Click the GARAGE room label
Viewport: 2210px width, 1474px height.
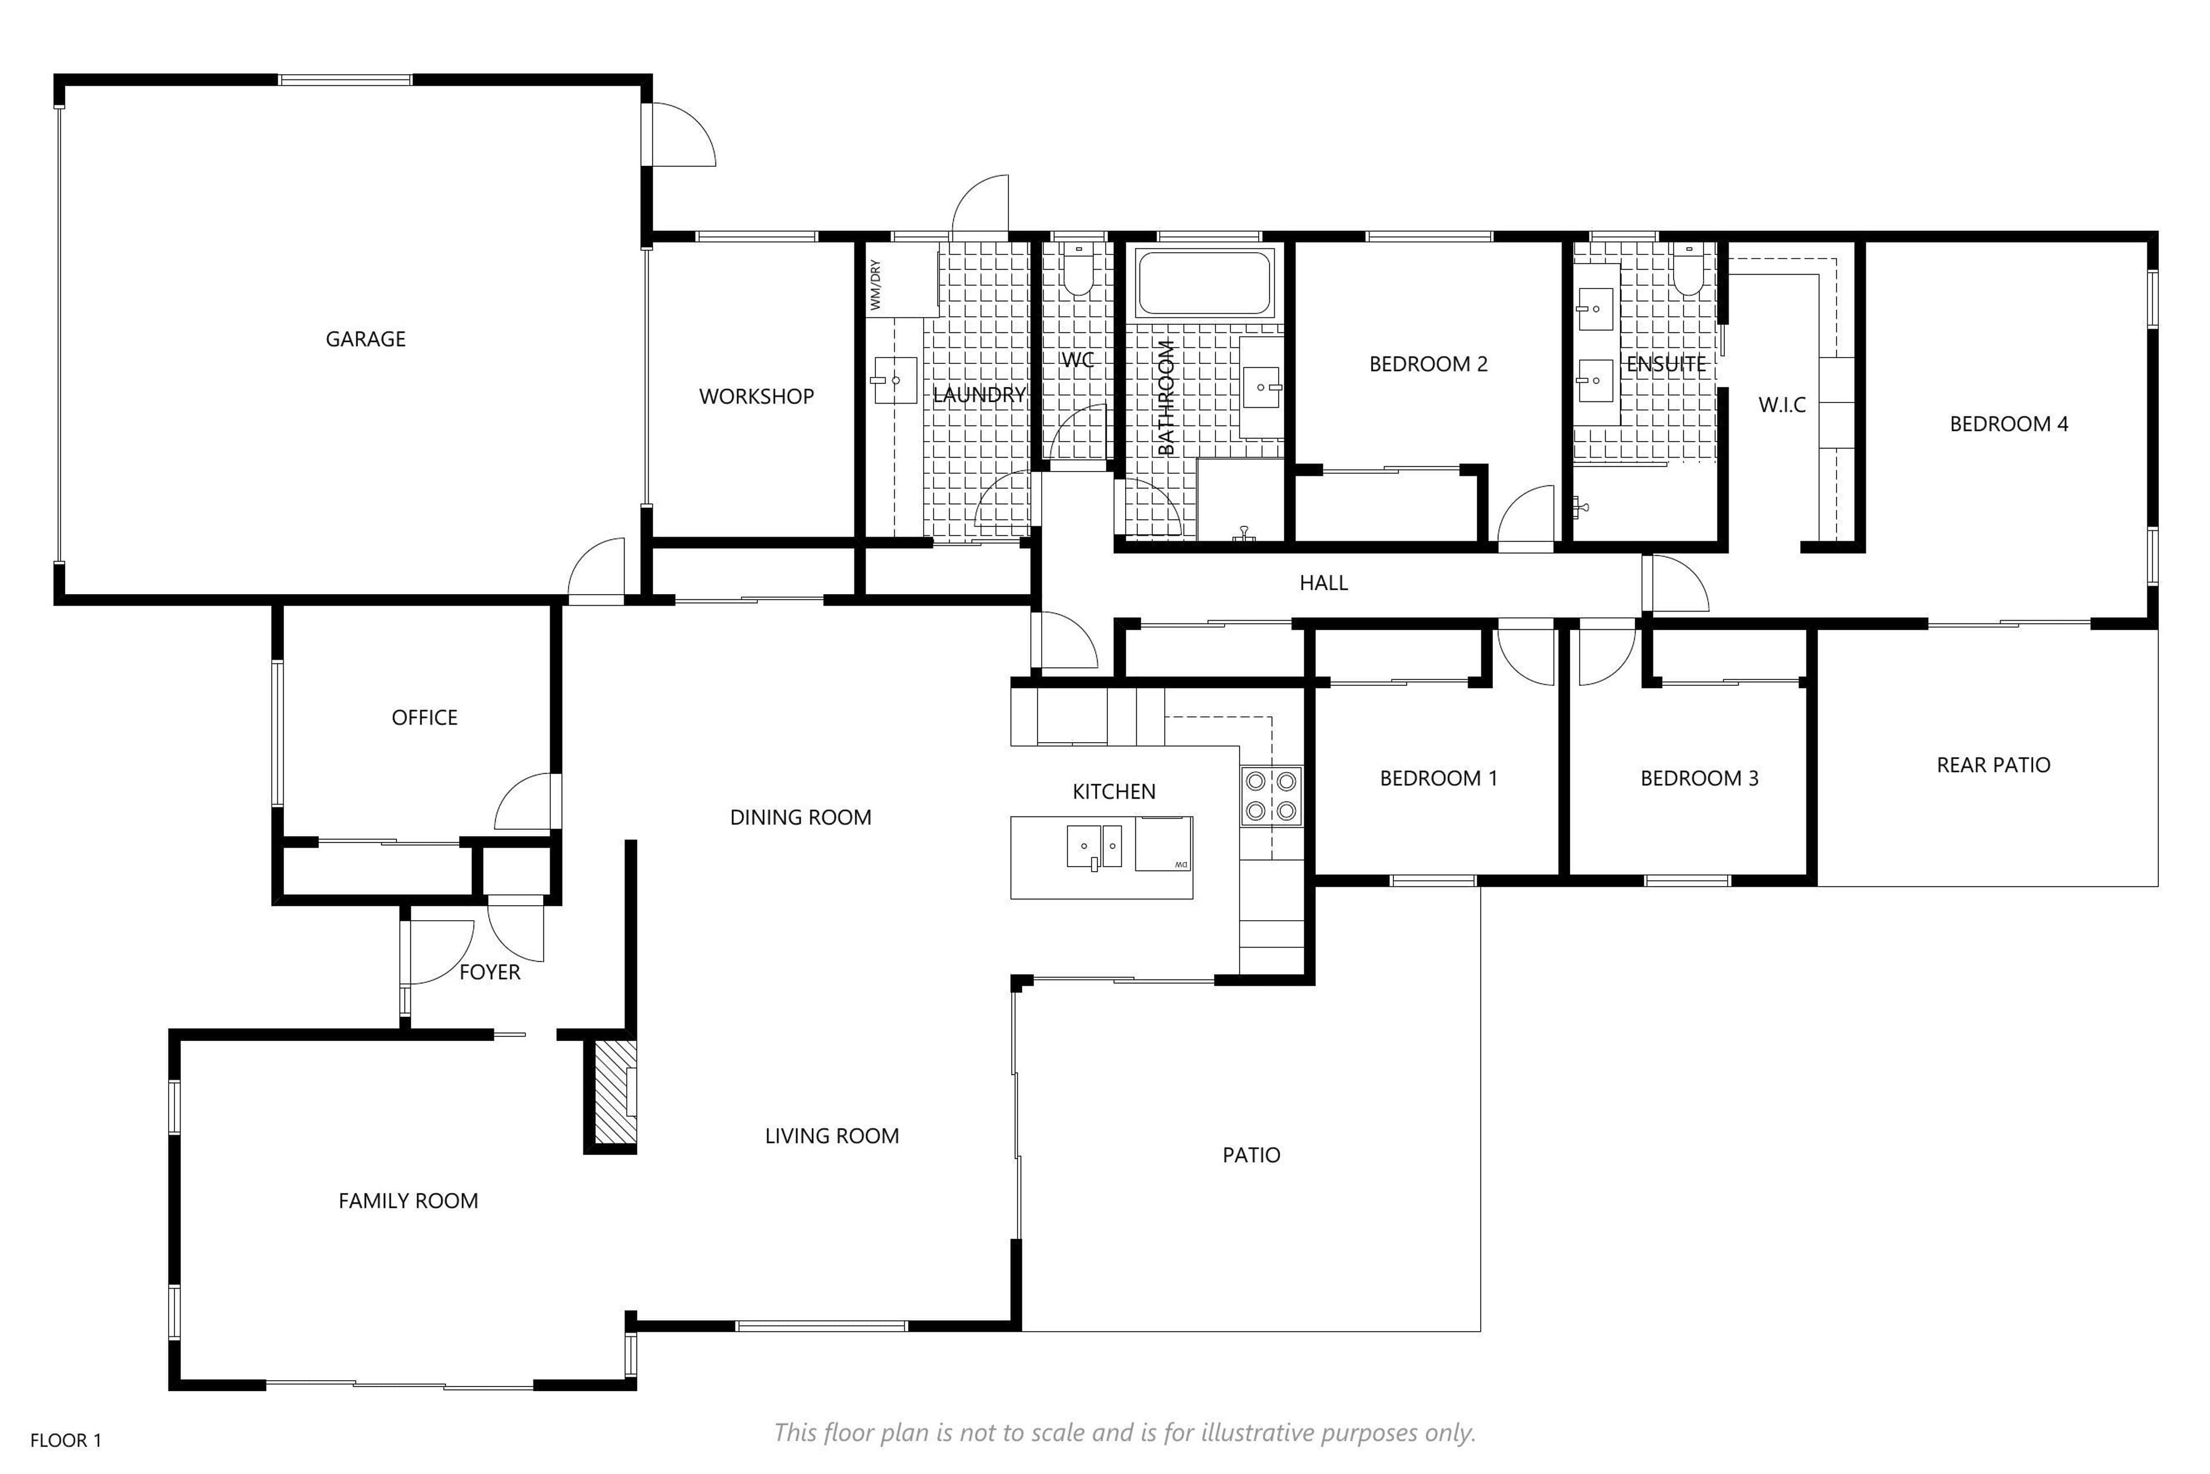pyautogui.click(x=365, y=339)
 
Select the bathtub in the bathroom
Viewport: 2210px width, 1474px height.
pyautogui.click(x=1206, y=283)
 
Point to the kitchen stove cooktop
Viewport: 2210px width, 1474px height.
pyautogui.click(x=1271, y=795)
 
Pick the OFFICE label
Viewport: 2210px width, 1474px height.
pyautogui.click(x=425, y=718)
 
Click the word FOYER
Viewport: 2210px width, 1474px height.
pyautogui.click(x=490, y=972)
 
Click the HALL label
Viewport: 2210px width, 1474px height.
pyautogui.click(x=1323, y=583)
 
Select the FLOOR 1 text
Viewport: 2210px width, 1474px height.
pyautogui.click(x=66, y=1440)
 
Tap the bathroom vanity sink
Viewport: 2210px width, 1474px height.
pyautogui.click(x=1261, y=386)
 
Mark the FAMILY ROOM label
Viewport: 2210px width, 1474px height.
pyautogui.click(x=408, y=1201)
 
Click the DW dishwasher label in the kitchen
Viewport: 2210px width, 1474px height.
pyautogui.click(x=1181, y=864)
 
